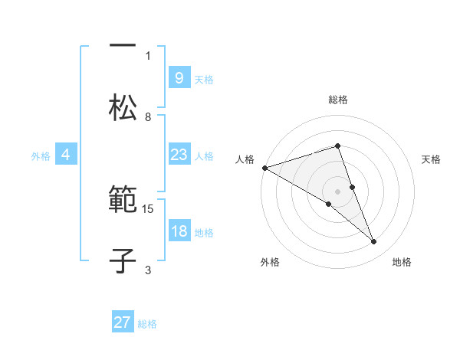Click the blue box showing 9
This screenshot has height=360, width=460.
click(179, 77)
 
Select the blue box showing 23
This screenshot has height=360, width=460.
click(179, 155)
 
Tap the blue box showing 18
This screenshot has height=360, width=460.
click(179, 232)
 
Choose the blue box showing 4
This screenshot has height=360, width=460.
click(66, 155)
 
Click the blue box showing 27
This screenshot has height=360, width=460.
click(123, 322)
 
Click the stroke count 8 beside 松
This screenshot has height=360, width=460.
click(148, 117)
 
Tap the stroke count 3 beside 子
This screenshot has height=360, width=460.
click(148, 270)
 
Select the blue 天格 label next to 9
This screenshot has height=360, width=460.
click(204, 79)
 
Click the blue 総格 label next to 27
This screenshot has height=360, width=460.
click(147, 324)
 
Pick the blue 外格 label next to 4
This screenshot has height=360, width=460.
click(41, 156)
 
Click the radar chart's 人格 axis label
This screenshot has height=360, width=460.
click(245, 159)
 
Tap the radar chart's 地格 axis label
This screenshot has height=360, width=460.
click(402, 263)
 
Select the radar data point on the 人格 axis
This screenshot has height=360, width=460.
click(264, 168)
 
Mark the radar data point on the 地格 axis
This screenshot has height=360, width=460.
click(374, 242)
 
